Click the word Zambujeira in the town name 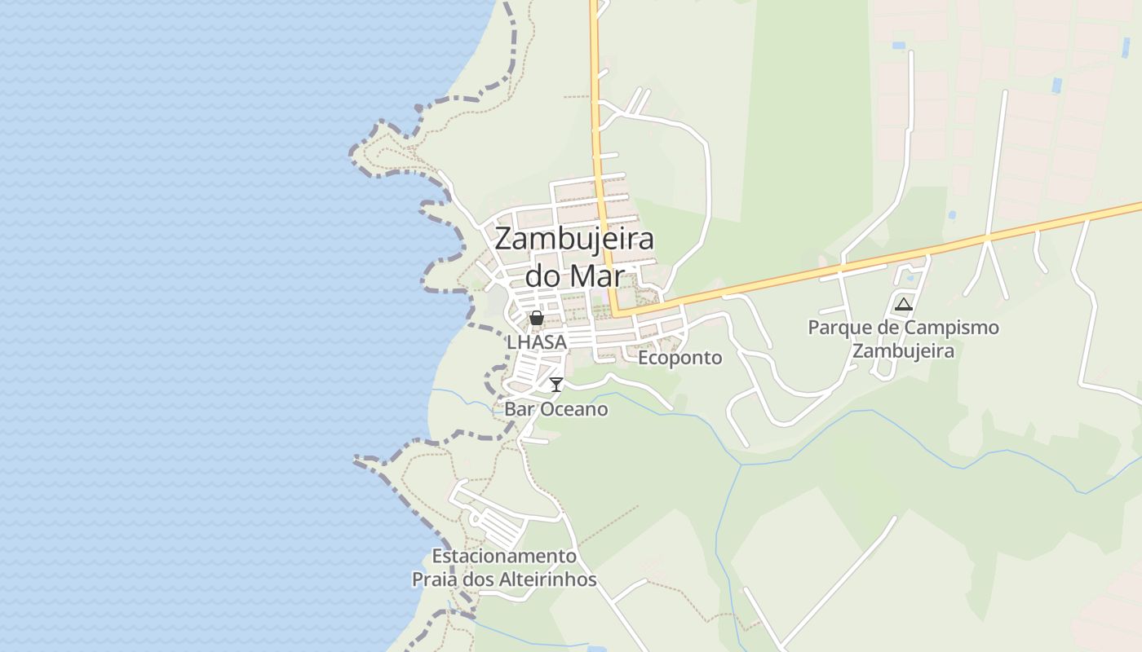(574, 240)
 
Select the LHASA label (537, 342)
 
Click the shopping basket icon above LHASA (537, 318)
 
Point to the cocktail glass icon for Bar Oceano (556, 385)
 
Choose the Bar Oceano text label (556, 409)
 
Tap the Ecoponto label (679, 358)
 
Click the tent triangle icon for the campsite (903, 305)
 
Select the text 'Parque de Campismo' (903, 328)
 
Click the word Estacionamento (504, 556)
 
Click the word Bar (519, 409)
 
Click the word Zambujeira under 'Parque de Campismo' (903, 351)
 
